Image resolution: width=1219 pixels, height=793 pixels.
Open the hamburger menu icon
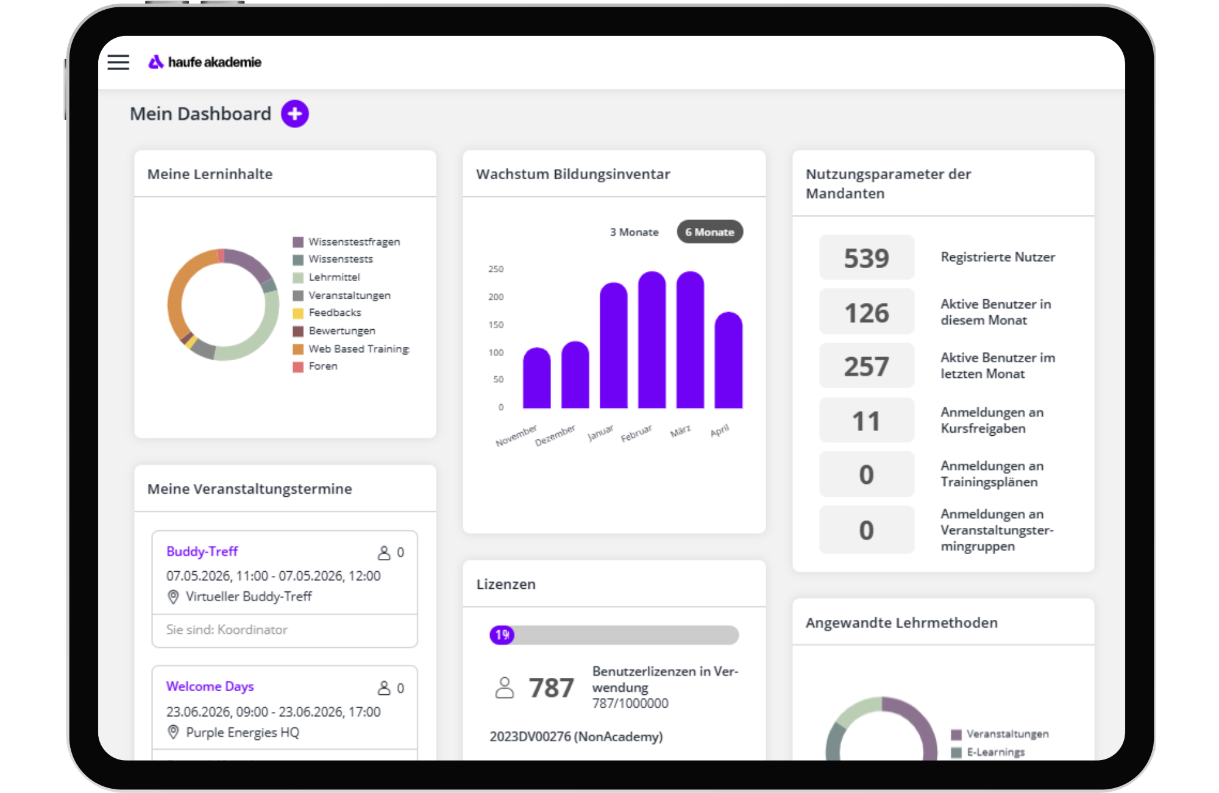pyautogui.click(x=118, y=62)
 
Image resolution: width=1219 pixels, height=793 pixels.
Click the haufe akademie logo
pyautogui.click(x=205, y=62)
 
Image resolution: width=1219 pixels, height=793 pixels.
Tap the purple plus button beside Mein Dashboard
pyautogui.click(x=295, y=114)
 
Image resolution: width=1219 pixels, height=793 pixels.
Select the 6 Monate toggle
pyautogui.click(x=709, y=232)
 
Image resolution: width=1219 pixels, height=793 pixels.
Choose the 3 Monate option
pyautogui.click(x=634, y=232)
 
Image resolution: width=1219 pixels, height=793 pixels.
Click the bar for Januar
pyautogui.click(x=613, y=345)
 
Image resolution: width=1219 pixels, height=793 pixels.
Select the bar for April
pyautogui.click(x=728, y=360)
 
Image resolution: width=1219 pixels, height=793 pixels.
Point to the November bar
pyautogui.click(x=536, y=378)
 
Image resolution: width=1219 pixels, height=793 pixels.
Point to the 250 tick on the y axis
pyautogui.click(x=496, y=269)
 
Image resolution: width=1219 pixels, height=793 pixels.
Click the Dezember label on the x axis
pyautogui.click(x=555, y=435)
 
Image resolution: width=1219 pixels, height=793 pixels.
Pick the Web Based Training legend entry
pyautogui.click(x=351, y=349)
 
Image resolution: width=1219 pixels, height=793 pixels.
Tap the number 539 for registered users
pyautogui.click(x=866, y=258)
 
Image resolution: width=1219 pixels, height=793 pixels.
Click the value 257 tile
pyautogui.click(x=866, y=366)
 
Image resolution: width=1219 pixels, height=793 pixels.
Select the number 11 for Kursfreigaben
pyautogui.click(x=866, y=421)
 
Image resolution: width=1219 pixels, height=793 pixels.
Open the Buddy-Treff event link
pyautogui.click(x=202, y=552)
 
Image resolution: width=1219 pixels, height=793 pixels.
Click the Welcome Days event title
pyautogui.click(x=210, y=686)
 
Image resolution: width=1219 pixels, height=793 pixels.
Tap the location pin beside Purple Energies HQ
pyautogui.click(x=173, y=732)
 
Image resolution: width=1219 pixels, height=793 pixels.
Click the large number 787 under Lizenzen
pyautogui.click(x=551, y=688)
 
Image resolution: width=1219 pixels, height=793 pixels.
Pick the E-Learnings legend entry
pyautogui.click(x=988, y=752)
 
